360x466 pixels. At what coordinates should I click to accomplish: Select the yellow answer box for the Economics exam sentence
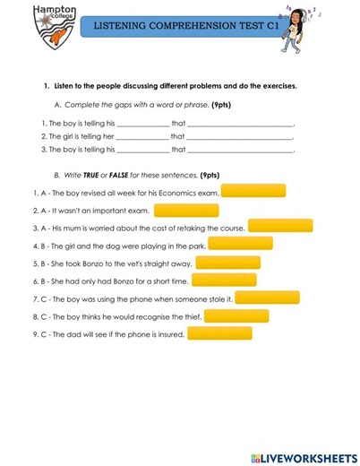(253, 191)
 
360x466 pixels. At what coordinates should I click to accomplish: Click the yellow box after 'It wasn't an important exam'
(186, 211)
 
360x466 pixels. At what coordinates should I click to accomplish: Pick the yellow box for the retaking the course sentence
(280, 227)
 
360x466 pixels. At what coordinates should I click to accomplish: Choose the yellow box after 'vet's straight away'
(227, 263)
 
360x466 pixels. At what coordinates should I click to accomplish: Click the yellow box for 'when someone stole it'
(267, 298)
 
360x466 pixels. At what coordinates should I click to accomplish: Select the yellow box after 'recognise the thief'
(236, 315)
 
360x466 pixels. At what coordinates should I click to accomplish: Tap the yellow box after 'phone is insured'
(219, 333)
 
